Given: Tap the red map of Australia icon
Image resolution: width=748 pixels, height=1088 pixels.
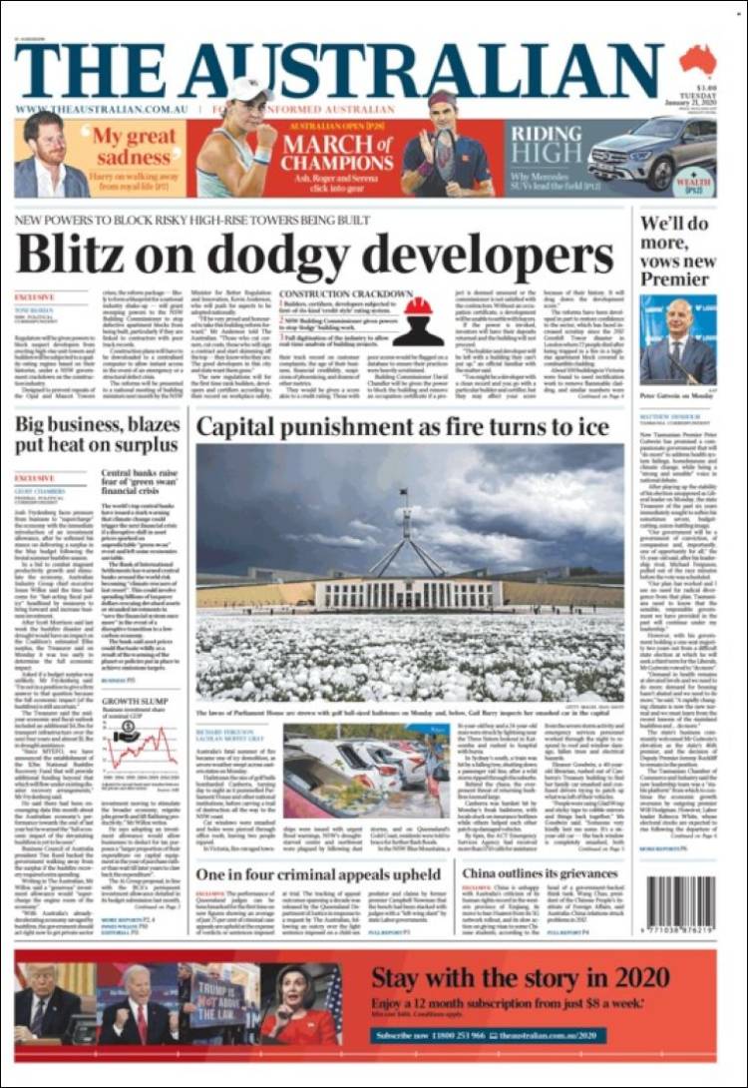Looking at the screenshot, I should [697, 61].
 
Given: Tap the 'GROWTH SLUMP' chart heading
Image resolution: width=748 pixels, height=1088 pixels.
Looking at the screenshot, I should [133, 701].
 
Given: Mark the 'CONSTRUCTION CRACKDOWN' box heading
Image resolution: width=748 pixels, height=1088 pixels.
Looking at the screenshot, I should [343, 294].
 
